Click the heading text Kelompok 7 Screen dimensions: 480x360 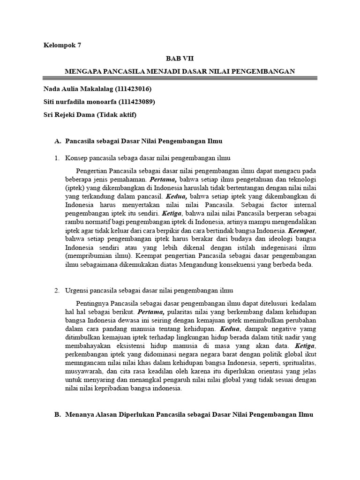(62, 45)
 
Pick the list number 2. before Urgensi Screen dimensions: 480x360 (57, 291)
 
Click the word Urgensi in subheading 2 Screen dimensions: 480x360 (78, 291)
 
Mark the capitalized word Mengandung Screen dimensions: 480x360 (205, 265)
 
